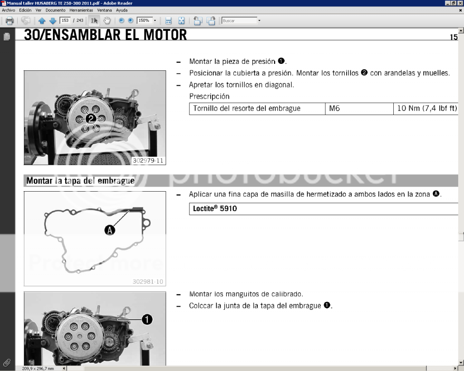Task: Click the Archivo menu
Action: [8, 10]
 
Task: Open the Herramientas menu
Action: [81, 10]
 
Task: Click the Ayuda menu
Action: [121, 10]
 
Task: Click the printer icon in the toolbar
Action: [10, 21]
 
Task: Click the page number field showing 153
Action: [65, 20]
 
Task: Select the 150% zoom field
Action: [145, 20]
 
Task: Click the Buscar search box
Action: [239, 21]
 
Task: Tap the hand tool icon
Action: [107, 20]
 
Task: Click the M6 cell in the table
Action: [359, 109]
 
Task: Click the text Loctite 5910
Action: [215, 208]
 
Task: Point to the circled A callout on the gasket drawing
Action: [110, 230]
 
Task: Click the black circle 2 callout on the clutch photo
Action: [91, 119]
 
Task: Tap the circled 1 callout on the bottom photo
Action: [147, 319]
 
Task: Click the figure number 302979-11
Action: [148, 161]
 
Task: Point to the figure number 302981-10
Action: [148, 282]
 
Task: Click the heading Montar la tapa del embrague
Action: [81, 181]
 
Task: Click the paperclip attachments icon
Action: [7, 363]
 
